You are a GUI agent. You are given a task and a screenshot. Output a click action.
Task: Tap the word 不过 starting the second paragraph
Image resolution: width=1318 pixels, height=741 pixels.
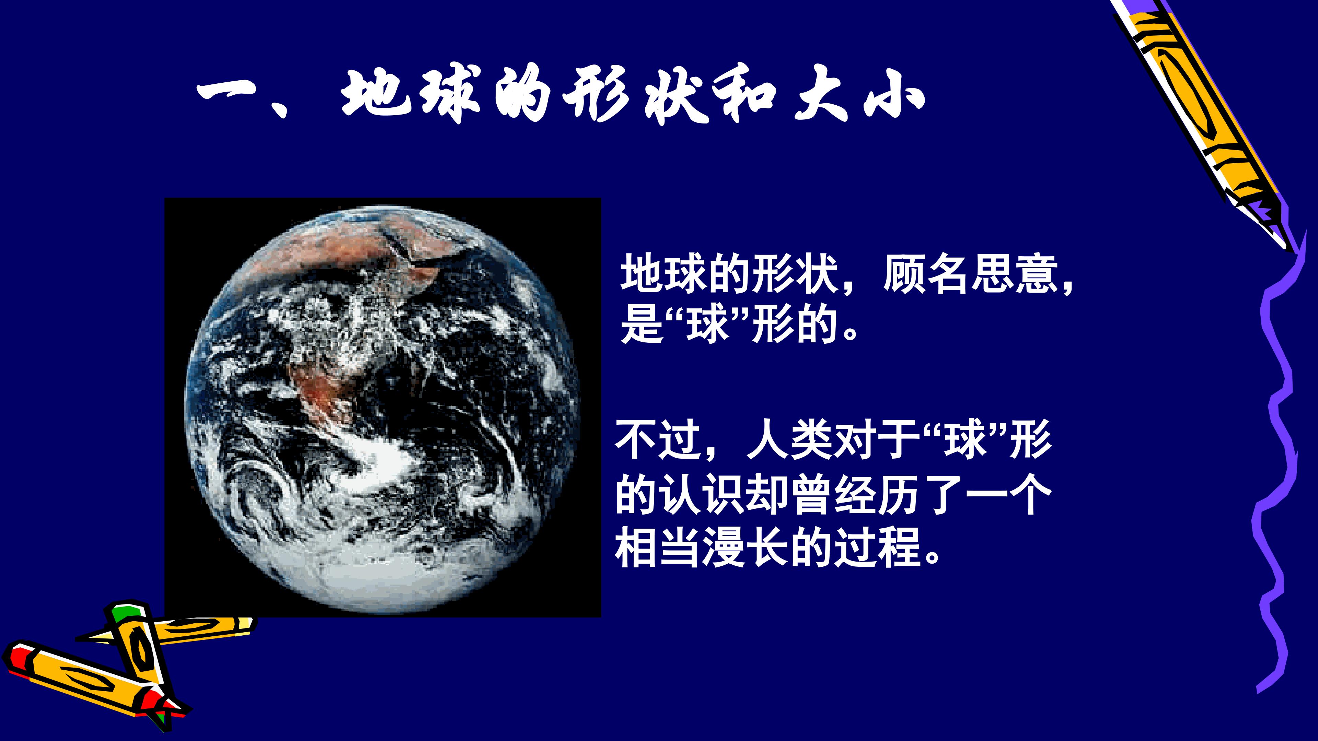(659, 439)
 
